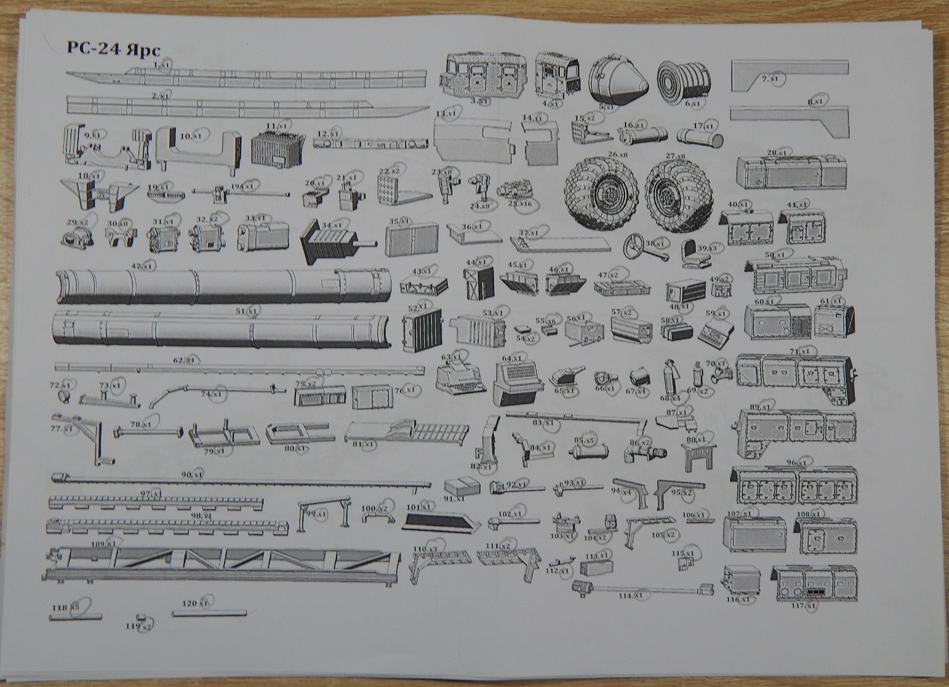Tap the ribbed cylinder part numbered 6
coord(685,82)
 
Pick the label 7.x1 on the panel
coord(772,79)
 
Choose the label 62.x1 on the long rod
coord(186,360)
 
